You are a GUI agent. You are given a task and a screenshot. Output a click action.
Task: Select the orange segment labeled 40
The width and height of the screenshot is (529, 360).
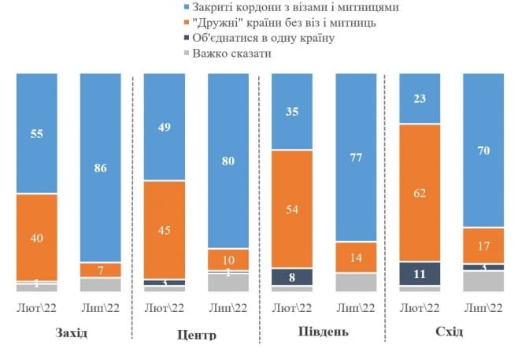[37, 236]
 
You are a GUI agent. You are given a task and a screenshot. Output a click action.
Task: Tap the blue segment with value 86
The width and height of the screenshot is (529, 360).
[101, 167]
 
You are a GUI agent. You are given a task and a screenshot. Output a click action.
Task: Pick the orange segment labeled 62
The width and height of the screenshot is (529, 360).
[420, 191]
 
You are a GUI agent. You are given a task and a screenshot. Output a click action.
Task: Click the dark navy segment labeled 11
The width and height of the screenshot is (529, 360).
[420, 273]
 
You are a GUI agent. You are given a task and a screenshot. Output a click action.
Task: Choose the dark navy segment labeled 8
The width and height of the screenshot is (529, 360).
[292, 276]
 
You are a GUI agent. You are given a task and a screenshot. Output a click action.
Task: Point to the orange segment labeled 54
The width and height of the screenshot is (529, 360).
[292, 209]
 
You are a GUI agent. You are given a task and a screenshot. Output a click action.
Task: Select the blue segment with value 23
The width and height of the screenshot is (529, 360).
[420, 98]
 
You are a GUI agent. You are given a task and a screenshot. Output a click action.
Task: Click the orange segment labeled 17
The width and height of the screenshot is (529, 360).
[483, 245]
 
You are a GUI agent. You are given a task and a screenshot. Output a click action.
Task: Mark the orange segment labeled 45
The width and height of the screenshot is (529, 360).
[165, 230]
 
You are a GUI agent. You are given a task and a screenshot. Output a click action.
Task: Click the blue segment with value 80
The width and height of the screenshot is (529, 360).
[228, 161]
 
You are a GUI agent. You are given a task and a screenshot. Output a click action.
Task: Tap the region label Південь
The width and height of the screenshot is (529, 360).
[323, 330]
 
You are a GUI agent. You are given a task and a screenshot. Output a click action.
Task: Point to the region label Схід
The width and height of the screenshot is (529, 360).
[449, 331]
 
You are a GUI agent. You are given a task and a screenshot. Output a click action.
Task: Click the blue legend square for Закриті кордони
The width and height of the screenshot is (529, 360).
[187, 7]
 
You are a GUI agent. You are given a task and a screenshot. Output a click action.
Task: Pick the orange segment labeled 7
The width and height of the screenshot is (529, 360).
[101, 269]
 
